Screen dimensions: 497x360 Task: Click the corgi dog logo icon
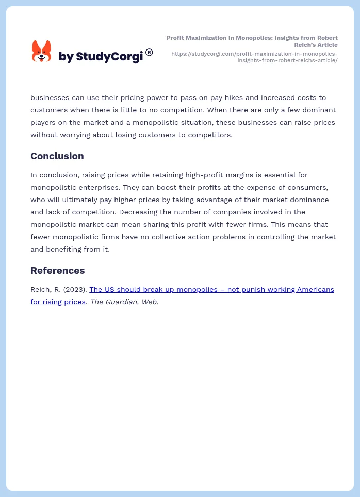[41, 51]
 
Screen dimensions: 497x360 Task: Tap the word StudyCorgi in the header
[109, 57]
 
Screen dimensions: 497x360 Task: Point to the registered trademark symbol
[149, 52]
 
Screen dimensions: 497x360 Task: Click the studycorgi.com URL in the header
[254, 57]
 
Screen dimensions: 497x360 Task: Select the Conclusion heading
[57, 156]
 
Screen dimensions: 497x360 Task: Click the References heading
[57, 270]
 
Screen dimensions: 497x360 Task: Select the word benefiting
[67, 249]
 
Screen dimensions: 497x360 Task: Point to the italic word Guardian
[122, 302]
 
